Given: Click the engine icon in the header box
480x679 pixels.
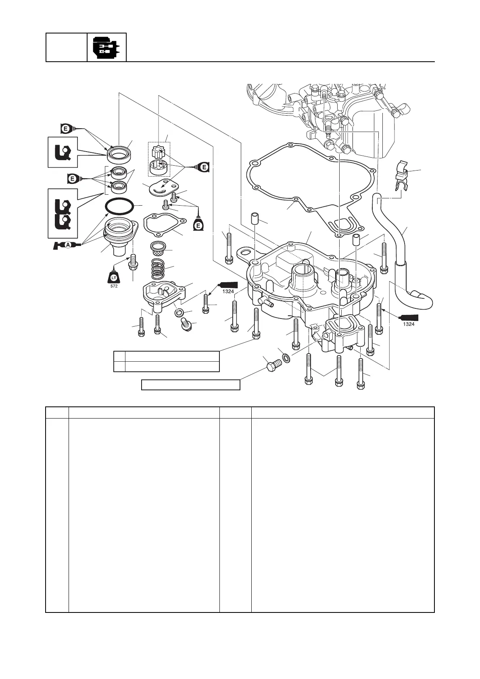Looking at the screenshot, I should (106, 48).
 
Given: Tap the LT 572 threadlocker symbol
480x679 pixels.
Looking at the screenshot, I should (114, 278).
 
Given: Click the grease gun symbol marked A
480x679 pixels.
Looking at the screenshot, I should (68, 245).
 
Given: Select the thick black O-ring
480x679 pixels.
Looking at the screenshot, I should (119, 207).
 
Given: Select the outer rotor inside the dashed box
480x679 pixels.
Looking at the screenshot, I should (159, 167).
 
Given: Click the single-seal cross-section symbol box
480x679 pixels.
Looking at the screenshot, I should (62, 152).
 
